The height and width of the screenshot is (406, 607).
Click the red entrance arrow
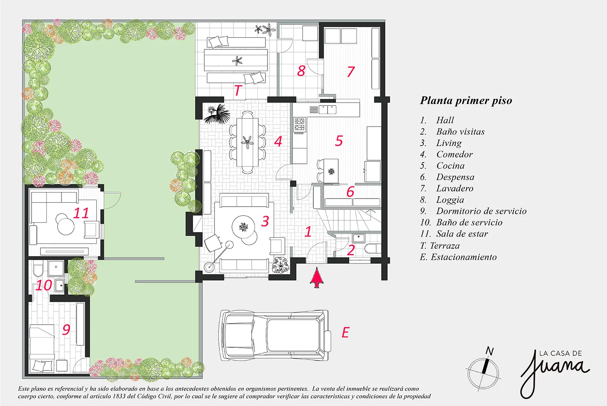(317, 278)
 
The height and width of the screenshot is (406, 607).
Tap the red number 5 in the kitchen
(339, 141)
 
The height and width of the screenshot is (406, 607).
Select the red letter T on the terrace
(238, 90)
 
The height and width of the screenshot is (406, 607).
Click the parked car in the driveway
(275, 335)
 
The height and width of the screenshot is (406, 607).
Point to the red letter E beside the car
(345, 332)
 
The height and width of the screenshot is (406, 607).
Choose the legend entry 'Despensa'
(455, 177)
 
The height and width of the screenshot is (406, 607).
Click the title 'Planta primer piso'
(466, 100)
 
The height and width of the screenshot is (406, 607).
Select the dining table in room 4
(247, 142)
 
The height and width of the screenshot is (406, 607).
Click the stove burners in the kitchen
(300, 124)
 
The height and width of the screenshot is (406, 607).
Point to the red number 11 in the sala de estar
(81, 213)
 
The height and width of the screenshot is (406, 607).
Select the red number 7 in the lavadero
(351, 71)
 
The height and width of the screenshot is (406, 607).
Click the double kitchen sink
(327, 110)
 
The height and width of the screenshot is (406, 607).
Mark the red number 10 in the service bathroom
(44, 285)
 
